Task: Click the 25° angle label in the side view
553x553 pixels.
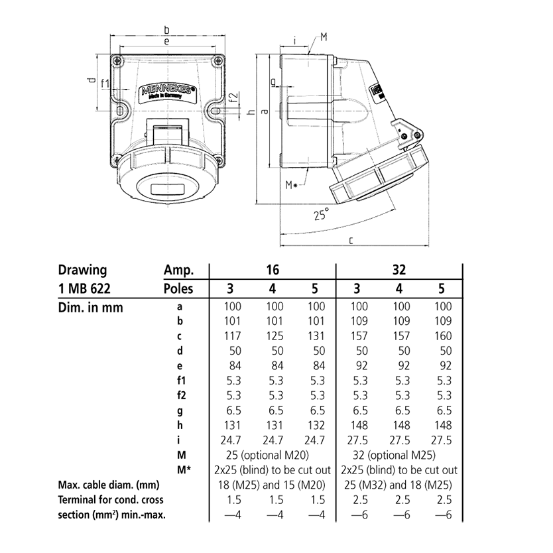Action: click(x=321, y=215)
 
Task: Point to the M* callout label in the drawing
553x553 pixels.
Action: click(x=292, y=185)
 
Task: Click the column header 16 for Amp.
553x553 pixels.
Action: click(x=273, y=271)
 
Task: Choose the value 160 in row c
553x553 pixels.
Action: click(x=442, y=336)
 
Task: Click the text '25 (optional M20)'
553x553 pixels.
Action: click(x=273, y=455)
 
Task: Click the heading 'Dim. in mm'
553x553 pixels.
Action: click(x=90, y=307)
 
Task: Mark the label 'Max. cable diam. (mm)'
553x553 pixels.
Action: click(x=109, y=485)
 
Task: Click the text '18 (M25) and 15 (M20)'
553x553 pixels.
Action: click(x=273, y=485)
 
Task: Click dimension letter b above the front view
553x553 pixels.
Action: click(x=166, y=30)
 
